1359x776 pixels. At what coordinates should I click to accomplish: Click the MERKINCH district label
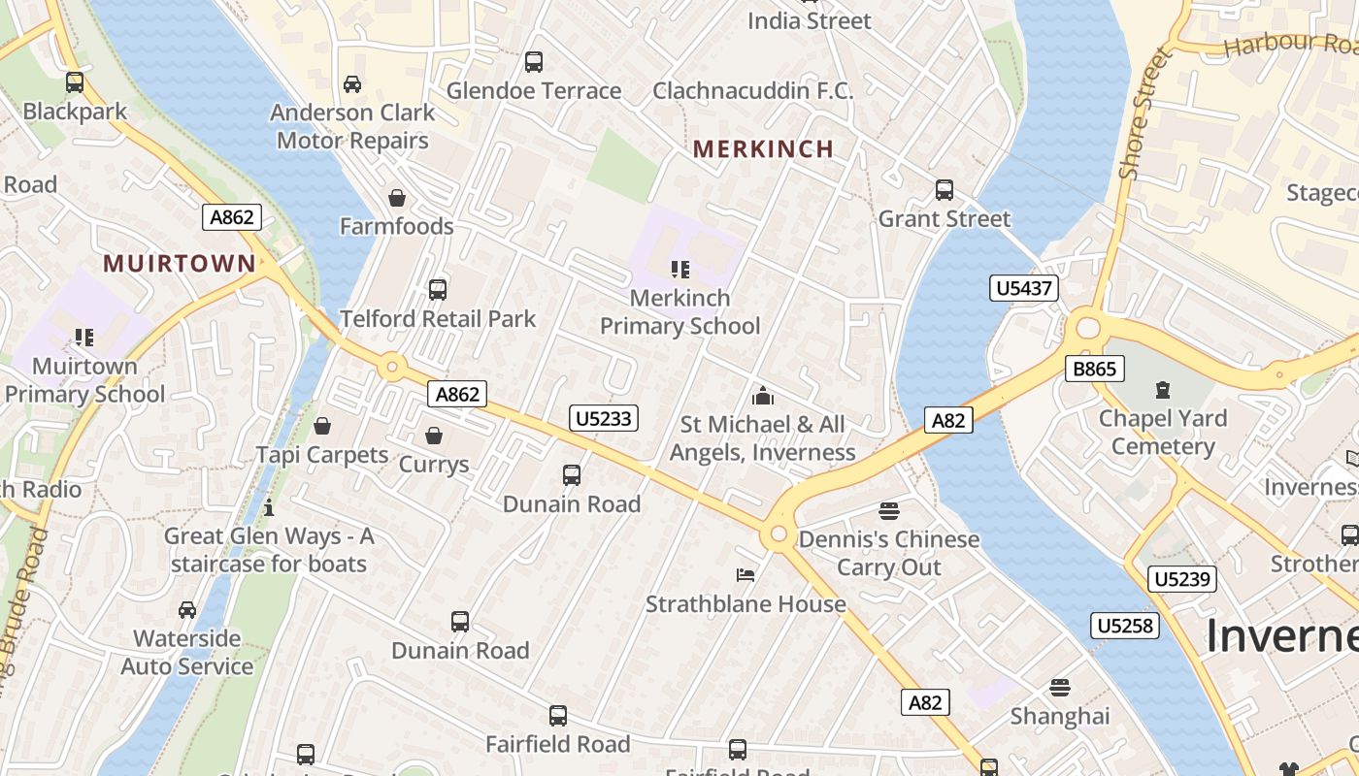pyautogui.click(x=764, y=148)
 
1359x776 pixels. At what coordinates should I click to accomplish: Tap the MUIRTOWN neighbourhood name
pyautogui.click(x=180, y=263)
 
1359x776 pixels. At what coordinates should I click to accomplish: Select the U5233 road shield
pyautogui.click(x=603, y=418)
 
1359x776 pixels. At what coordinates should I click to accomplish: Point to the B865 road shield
pyautogui.click(x=1094, y=369)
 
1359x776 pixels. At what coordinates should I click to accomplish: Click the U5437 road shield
pyautogui.click(x=1023, y=287)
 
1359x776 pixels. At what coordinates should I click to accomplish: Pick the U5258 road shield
pyautogui.click(x=1125, y=626)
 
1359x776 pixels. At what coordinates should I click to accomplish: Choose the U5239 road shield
pyautogui.click(x=1181, y=579)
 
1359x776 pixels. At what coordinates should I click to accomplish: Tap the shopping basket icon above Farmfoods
pyautogui.click(x=397, y=199)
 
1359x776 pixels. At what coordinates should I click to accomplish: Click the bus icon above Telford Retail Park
pyautogui.click(x=438, y=289)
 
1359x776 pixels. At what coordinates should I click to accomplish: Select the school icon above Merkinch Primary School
pyautogui.click(x=679, y=269)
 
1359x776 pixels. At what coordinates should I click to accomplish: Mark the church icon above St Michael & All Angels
pyautogui.click(x=763, y=396)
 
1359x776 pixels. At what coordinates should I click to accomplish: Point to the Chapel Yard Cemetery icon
pyautogui.click(x=1162, y=390)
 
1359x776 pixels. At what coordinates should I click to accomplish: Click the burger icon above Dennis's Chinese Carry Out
pyautogui.click(x=889, y=510)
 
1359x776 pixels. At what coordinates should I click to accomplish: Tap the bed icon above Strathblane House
pyautogui.click(x=746, y=575)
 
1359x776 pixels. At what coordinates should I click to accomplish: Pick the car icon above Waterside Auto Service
pyautogui.click(x=186, y=610)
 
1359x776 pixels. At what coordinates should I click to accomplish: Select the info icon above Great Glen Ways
pyautogui.click(x=269, y=507)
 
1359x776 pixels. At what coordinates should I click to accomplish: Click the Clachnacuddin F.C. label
pyautogui.click(x=753, y=91)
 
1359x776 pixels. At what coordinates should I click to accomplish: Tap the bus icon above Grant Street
pyautogui.click(x=945, y=190)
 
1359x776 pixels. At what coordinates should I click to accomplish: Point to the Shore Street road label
pyautogui.click(x=1145, y=115)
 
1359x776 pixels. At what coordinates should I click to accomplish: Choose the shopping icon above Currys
pyautogui.click(x=434, y=436)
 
